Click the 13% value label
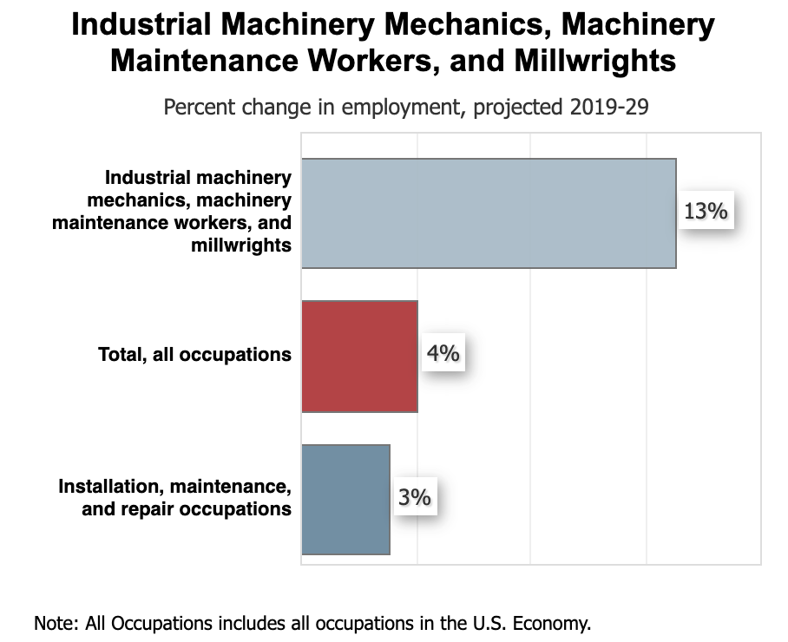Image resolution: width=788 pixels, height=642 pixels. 705,211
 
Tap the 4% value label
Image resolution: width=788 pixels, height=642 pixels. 443,354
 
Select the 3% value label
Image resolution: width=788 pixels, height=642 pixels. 415,497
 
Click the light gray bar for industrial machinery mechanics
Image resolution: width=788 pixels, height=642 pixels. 489,213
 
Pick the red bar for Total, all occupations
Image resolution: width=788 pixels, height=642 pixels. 359,356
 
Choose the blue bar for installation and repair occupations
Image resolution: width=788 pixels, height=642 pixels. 345,499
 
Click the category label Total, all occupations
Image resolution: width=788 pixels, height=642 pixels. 194,355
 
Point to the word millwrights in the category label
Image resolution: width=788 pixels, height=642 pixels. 241,246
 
